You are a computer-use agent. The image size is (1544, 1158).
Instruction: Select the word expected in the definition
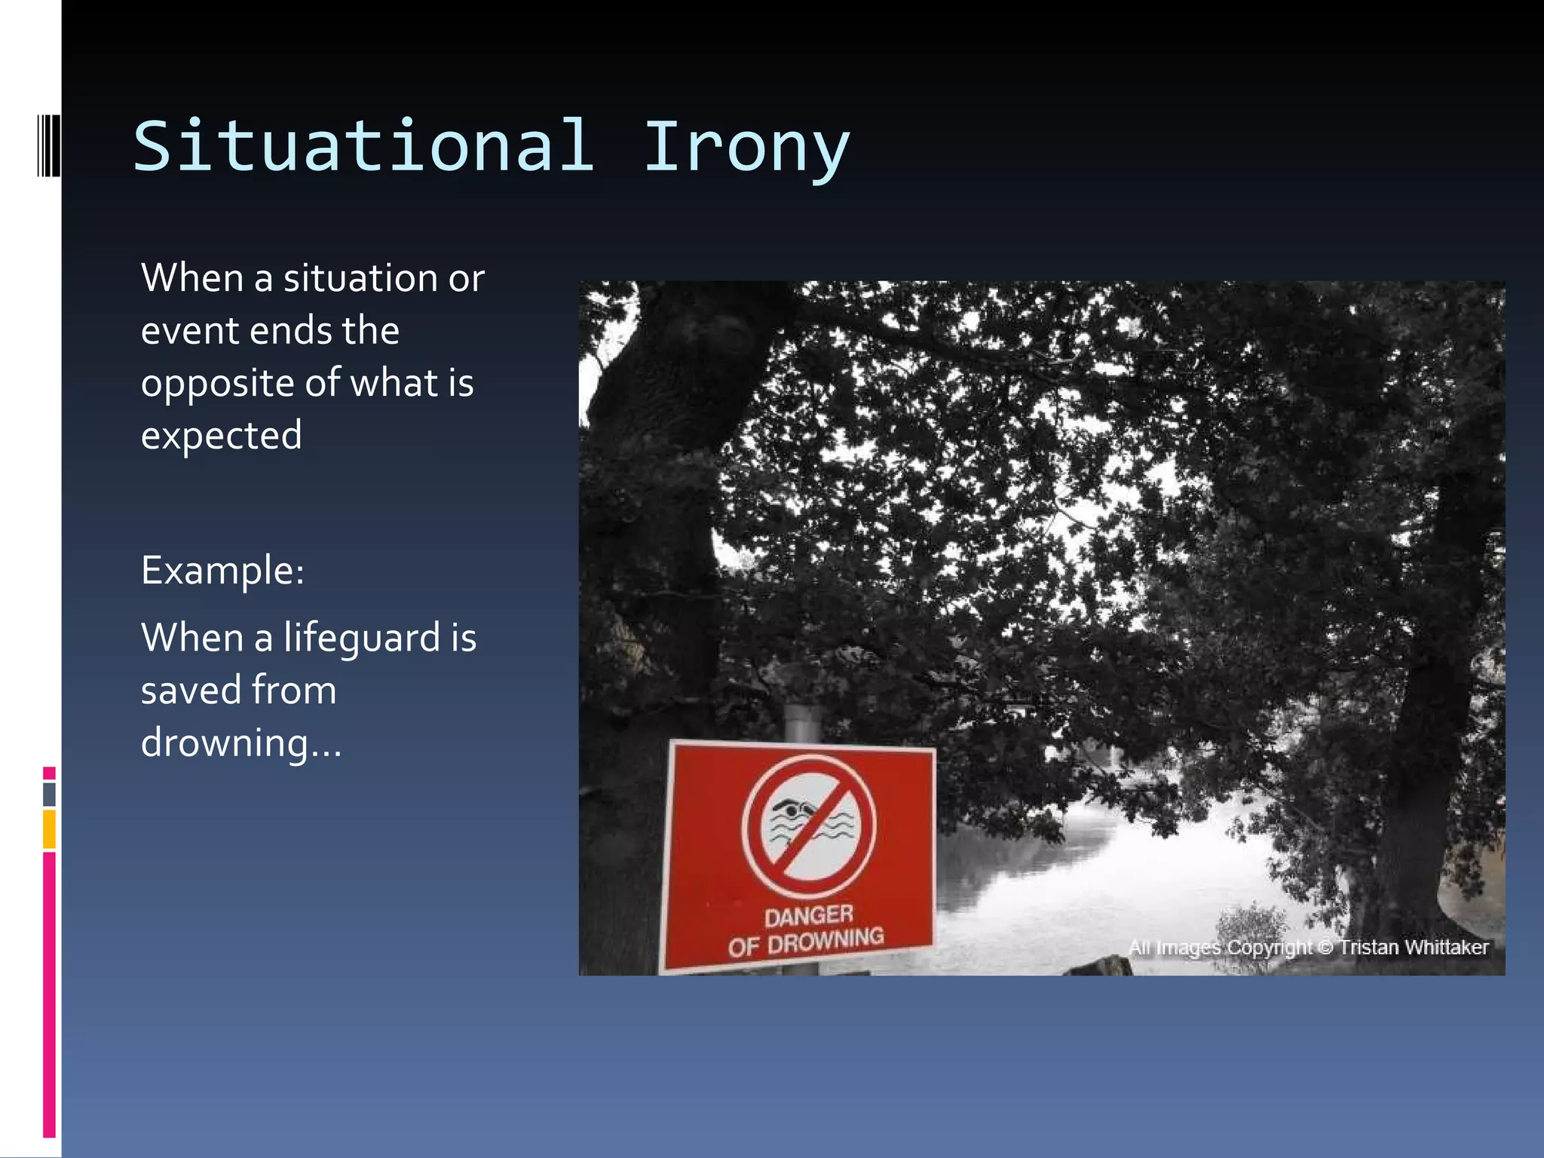tap(221, 436)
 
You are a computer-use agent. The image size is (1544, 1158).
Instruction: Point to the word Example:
tap(222, 570)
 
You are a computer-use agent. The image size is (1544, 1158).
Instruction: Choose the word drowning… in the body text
tap(241, 743)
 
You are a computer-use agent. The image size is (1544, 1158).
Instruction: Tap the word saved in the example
tap(190, 690)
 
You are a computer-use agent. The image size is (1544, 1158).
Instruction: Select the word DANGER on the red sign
tap(808, 916)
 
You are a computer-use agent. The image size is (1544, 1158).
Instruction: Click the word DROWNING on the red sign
tap(826, 940)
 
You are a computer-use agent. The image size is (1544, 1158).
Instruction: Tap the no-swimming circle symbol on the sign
tap(808, 826)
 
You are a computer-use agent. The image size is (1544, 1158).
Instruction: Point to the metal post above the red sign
tap(802, 722)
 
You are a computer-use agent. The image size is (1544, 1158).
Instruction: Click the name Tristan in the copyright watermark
tap(1365, 947)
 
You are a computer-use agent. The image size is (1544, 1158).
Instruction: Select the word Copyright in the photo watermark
tap(1270, 947)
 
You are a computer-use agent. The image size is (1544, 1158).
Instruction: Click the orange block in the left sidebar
tap(49, 829)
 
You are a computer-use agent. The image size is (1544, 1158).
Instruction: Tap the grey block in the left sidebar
tap(49, 794)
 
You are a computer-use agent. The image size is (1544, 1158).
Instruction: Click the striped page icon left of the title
tap(48, 145)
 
